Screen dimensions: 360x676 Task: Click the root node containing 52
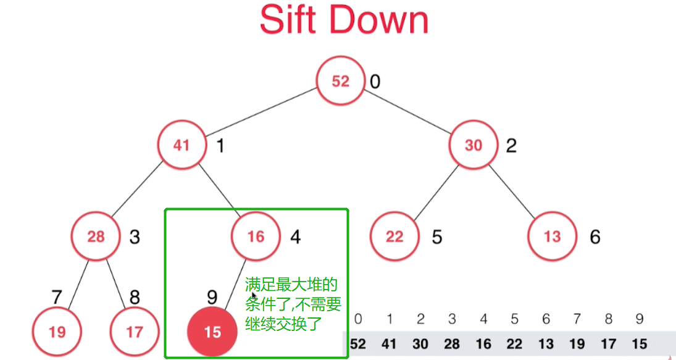click(340, 82)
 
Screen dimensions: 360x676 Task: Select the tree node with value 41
click(181, 145)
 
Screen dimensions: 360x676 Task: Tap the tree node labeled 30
click(473, 145)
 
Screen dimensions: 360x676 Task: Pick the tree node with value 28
click(96, 237)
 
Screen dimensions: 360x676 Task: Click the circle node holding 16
click(256, 237)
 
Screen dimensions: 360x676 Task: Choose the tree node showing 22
click(394, 237)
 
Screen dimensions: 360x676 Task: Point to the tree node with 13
click(552, 237)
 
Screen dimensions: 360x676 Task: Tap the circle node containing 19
click(57, 332)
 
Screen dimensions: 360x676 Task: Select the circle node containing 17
click(134, 332)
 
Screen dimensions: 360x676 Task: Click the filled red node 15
click(212, 332)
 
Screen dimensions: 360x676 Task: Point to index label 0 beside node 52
click(375, 82)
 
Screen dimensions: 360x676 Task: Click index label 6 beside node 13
click(595, 237)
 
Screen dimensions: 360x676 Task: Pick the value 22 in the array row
click(514, 344)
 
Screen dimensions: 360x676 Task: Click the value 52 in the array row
click(357, 344)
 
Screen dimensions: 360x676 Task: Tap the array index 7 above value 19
click(577, 319)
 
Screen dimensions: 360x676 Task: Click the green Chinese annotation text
click(293, 303)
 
